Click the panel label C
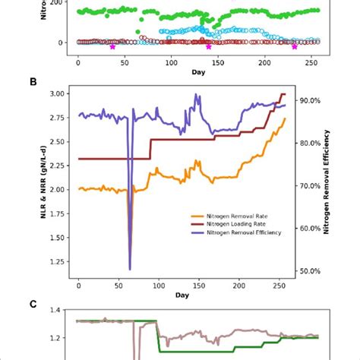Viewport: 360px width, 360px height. coord(54,305)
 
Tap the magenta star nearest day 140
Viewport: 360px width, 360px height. coord(209,47)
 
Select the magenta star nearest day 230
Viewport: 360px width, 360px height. coord(295,47)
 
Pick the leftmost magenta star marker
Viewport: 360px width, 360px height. coord(112,47)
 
